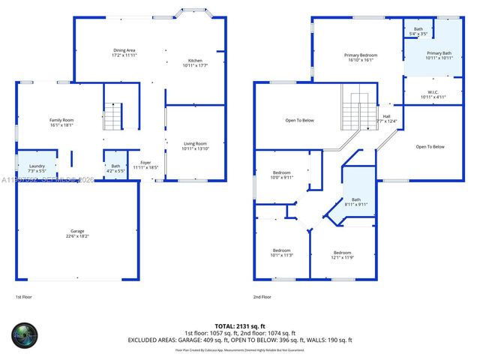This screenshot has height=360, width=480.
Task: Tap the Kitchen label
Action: point(194,63)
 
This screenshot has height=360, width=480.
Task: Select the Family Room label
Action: point(61,123)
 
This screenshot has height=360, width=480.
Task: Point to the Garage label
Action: point(78,233)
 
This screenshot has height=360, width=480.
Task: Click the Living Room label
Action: point(195,146)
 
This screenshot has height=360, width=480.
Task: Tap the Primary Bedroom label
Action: point(360,58)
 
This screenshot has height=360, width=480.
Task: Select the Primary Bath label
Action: point(439,55)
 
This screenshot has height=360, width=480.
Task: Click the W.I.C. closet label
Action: point(433,94)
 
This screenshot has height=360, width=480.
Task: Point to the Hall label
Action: point(387,118)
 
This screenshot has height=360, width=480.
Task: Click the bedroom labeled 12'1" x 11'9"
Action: point(342,255)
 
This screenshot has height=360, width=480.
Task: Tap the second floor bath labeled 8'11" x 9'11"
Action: point(356,202)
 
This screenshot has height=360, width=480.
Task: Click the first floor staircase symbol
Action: point(112,116)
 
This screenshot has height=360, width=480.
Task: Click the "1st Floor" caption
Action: point(25,297)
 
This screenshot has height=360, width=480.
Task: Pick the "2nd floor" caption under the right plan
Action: point(262,297)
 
